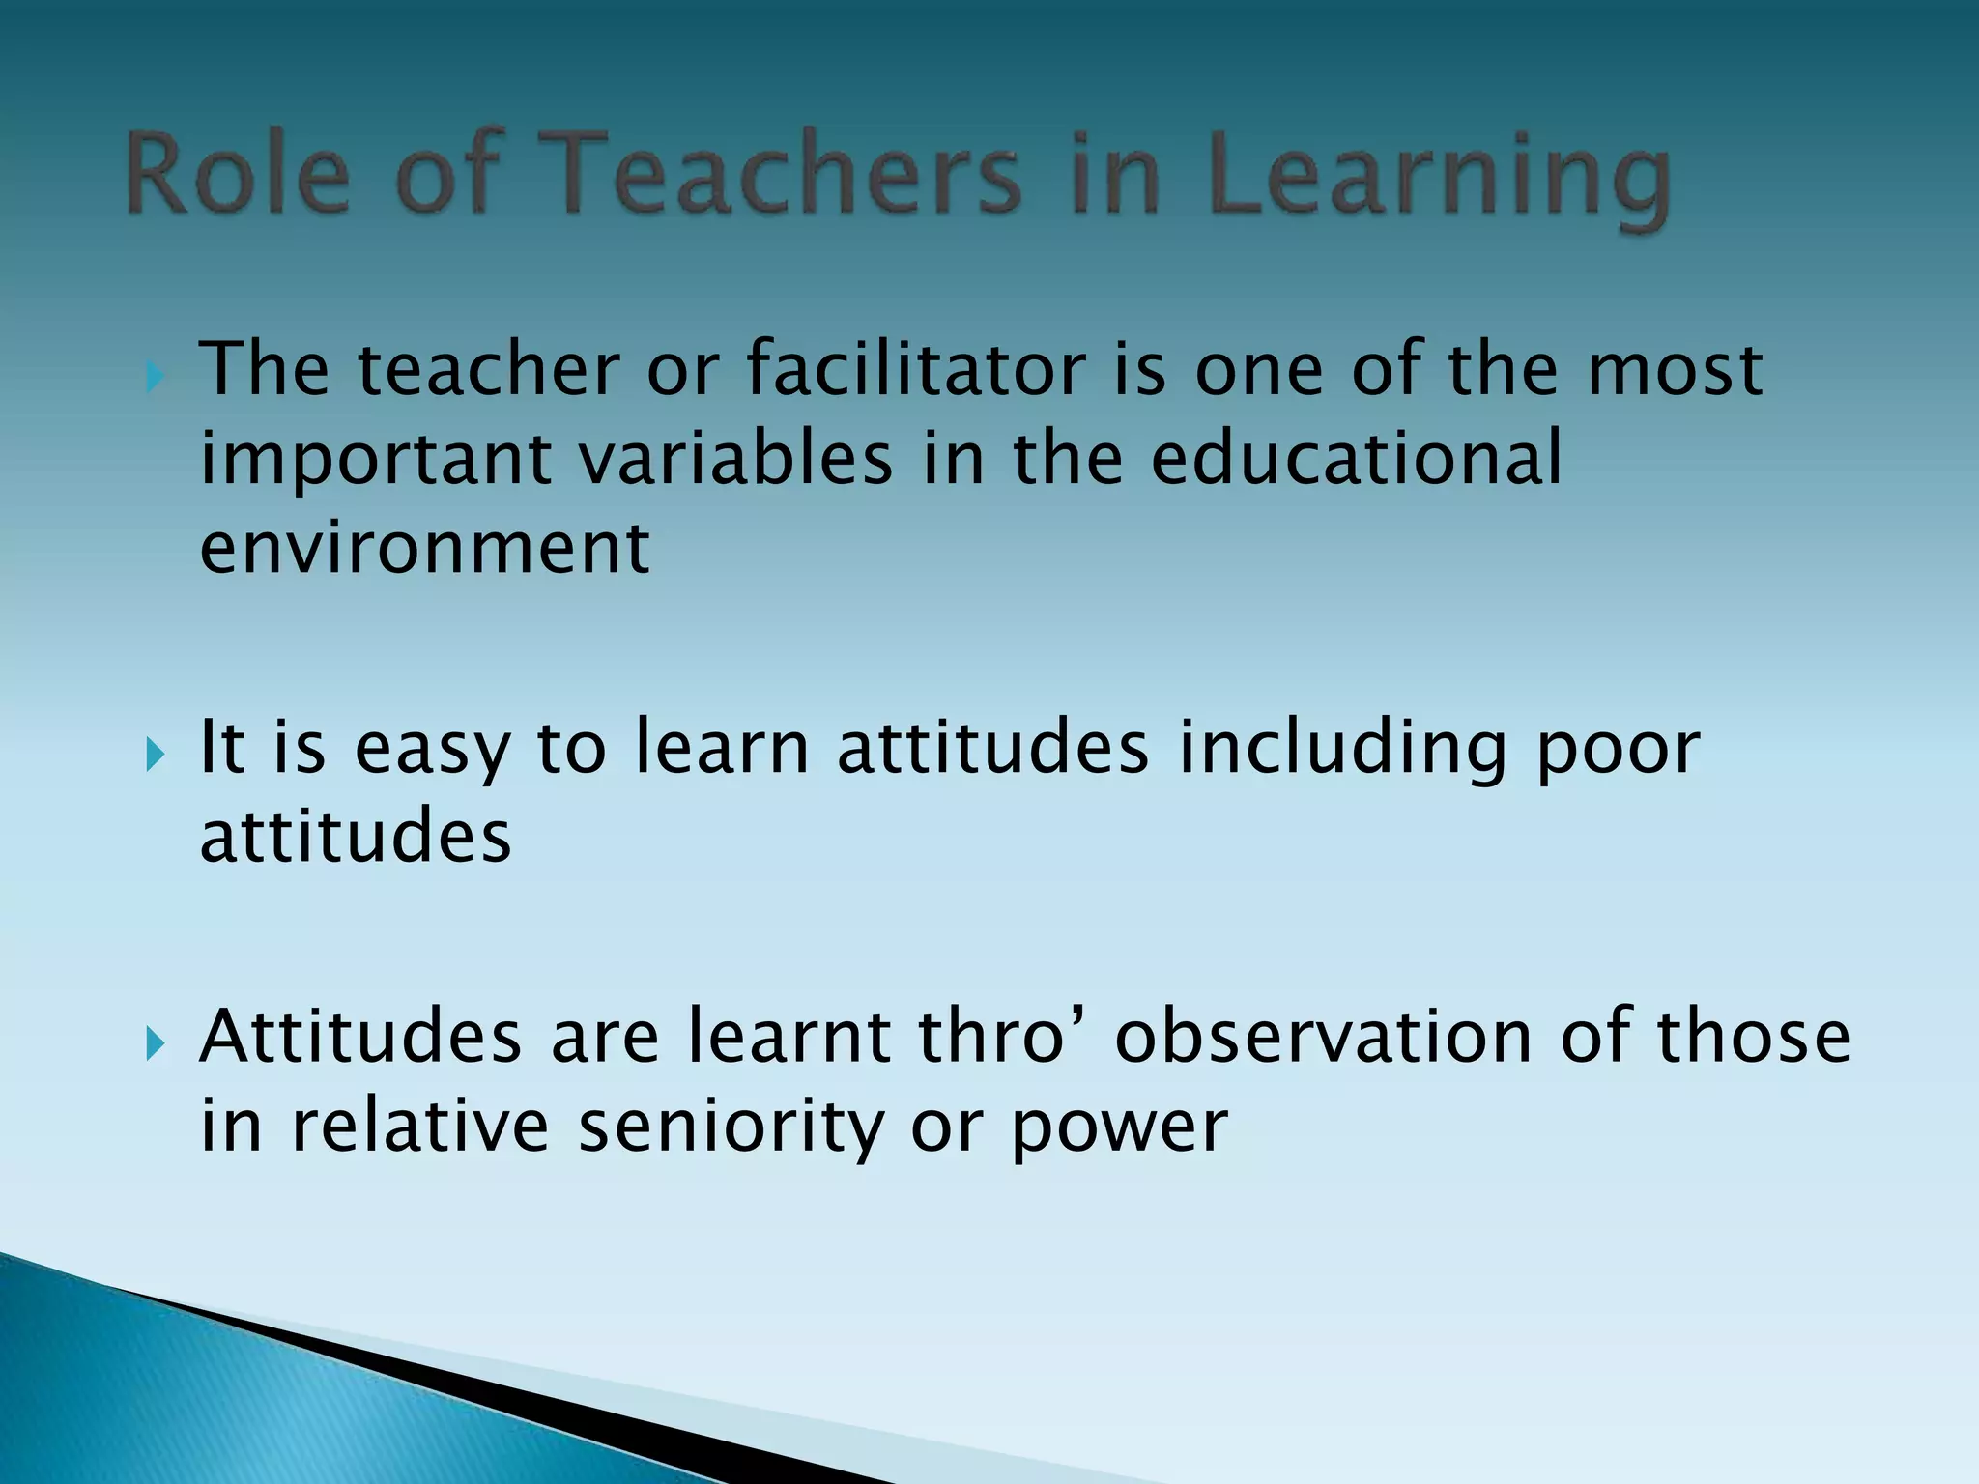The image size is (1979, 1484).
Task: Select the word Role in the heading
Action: click(x=238, y=174)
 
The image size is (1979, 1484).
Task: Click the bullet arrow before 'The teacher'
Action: click(x=155, y=376)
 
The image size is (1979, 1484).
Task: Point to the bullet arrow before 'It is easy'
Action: click(x=155, y=754)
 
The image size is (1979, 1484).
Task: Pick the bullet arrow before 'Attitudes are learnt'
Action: click(x=155, y=1042)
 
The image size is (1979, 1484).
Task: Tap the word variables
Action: click(x=735, y=458)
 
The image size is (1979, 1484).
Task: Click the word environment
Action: click(x=424, y=547)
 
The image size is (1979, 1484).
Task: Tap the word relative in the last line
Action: click(x=420, y=1127)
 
